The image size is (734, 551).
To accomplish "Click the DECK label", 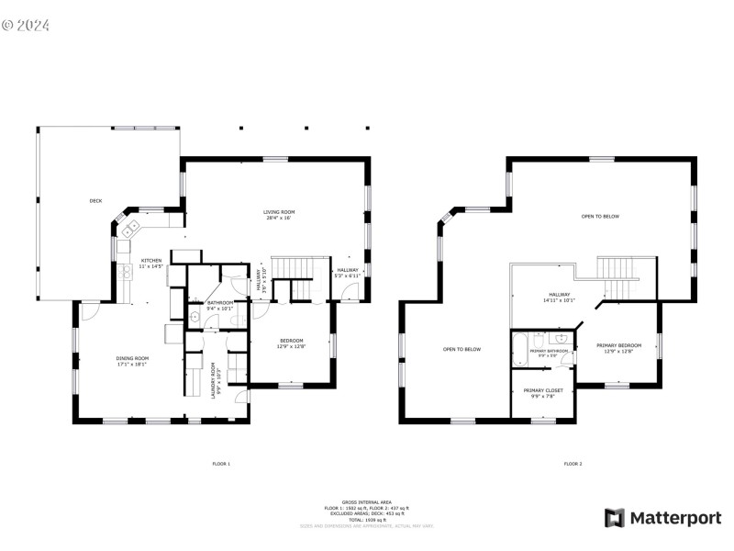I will (x=95, y=200).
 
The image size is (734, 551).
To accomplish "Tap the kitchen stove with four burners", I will (x=126, y=272).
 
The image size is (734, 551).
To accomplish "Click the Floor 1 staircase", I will (x=297, y=269).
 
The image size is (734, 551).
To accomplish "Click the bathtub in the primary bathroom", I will (x=520, y=350).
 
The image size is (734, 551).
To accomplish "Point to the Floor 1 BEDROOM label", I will (x=291, y=344).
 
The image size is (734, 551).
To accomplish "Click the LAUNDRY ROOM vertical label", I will (x=214, y=377).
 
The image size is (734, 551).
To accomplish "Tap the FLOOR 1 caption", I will (x=221, y=464).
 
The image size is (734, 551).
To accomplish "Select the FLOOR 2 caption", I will (x=573, y=464).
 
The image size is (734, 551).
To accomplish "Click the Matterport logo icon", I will (x=614, y=518).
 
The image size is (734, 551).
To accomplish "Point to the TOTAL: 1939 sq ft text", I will (x=367, y=519).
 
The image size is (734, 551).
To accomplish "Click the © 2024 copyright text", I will (x=26, y=25).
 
